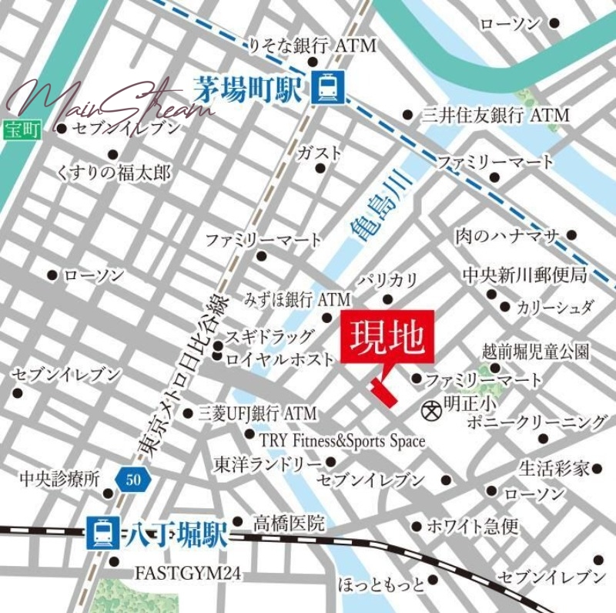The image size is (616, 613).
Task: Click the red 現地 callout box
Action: (387, 336)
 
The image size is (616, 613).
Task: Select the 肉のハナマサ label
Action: (505, 235)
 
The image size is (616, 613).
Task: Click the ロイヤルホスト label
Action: (280, 359)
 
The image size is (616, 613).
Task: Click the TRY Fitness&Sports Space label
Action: (341, 440)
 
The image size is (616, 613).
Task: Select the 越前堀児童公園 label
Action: (536, 352)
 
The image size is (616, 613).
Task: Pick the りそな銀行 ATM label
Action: (312, 46)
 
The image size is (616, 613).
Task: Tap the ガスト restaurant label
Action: (320, 153)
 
